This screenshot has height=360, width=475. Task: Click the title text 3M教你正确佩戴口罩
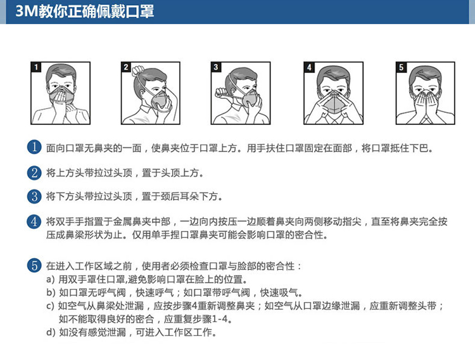click(84, 11)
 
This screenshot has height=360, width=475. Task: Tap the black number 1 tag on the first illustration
click(36, 67)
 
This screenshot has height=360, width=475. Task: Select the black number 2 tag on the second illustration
click(126, 67)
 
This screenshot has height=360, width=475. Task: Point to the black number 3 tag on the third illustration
click(216, 67)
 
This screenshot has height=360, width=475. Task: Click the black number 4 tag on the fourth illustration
click(309, 67)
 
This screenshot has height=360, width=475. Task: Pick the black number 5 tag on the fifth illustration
click(401, 67)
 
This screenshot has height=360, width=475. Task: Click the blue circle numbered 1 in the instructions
click(34, 147)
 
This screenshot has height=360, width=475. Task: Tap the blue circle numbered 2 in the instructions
click(34, 172)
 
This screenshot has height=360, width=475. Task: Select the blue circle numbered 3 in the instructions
click(34, 196)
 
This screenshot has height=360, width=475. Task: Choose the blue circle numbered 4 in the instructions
click(34, 221)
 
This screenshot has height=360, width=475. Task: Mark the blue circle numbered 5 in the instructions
click(34, 266)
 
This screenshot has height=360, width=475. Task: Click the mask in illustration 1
click(62, 95)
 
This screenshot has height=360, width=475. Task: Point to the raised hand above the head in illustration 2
click(137, 71)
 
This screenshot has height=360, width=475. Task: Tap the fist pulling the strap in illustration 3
click(222, 92)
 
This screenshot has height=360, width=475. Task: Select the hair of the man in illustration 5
click(425, 74)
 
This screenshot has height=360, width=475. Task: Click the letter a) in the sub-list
click(50, 279)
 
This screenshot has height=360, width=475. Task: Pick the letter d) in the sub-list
click(51, 332)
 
